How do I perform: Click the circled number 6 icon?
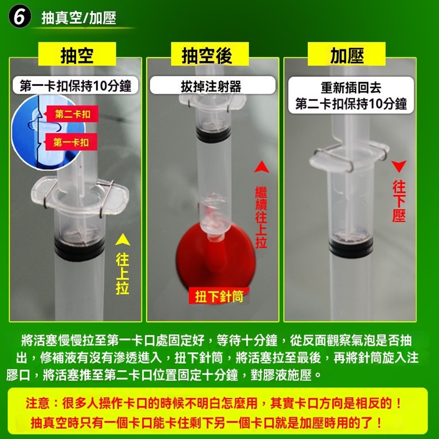[x=19, y=18]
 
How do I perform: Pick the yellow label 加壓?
[x=347, y=55]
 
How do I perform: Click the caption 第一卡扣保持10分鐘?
[x=76, y=85]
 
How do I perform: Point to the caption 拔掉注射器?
[x=211, y=86]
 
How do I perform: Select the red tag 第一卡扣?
[x=71, y=142]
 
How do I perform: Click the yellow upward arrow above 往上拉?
[x=122, y=240]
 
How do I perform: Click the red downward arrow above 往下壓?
[x=399, y=167]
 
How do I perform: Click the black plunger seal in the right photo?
[x=351, y=246]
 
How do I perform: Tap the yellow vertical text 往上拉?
[x=122, y=274]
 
